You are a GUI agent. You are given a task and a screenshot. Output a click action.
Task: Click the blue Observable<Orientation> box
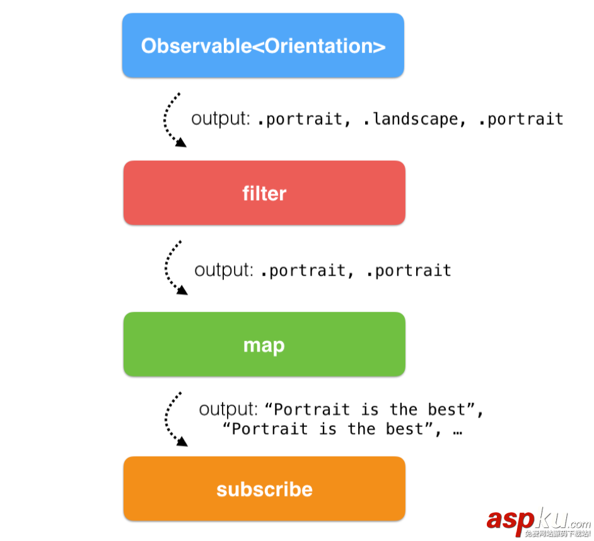coord(264,45)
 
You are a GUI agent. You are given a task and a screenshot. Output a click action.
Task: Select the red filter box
coord(264,193)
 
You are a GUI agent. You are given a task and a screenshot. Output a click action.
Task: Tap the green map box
coord(264,344)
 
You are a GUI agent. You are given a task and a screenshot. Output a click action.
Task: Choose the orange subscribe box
coord(264,489)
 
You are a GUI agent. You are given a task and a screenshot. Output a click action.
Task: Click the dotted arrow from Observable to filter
coord(165,120)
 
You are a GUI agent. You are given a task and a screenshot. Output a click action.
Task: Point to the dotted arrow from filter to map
coord(166,268)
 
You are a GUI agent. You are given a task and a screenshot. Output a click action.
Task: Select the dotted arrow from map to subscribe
coord(166,420)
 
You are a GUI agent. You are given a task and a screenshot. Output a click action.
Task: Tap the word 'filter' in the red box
coord(264,193)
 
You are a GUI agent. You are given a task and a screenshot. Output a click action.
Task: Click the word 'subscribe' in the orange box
coord(264,489)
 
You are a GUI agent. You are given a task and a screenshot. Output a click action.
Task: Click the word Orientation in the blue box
coord(318,46)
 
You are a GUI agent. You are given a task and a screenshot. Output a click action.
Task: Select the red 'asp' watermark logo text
coord(510,520)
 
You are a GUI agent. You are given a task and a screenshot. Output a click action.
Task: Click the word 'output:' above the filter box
coord(221,119)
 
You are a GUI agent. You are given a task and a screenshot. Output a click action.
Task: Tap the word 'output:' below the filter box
coord(223,270)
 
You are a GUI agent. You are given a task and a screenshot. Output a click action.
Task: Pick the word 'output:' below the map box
coord(228,409)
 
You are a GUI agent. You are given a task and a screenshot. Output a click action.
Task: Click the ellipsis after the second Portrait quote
coord(458,432)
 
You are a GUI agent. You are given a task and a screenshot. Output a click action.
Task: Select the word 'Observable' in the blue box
coord(196,46)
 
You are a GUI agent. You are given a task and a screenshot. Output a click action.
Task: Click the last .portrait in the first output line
coord(521,119)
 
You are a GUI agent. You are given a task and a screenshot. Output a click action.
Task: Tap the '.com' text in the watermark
coord(579,523)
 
